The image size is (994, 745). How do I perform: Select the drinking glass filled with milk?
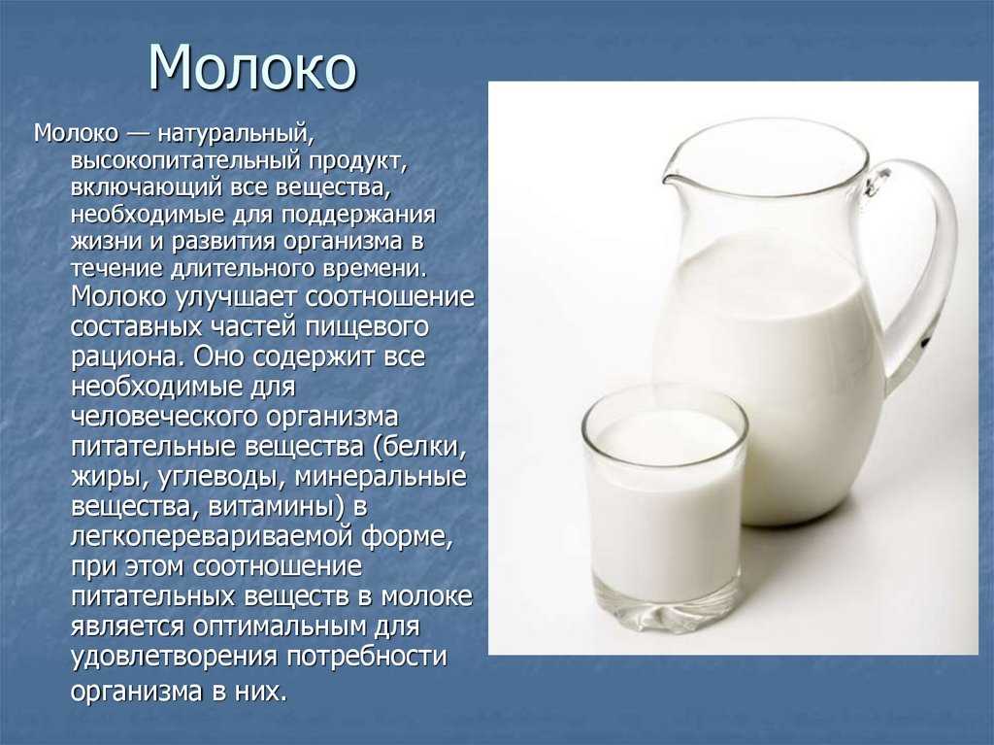click(x=664, y=508)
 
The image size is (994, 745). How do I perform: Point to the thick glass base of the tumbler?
click(x=666, y=609)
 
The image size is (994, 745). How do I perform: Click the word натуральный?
click(x=236, y=134)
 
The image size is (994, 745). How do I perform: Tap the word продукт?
click(x=357, y=161)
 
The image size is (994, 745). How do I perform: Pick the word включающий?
click(x=147, y=187)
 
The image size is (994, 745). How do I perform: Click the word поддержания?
click(x=359, y=215)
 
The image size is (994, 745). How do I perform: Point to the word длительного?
click(x=243, y=268)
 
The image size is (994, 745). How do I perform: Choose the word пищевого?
click(x=366, y=327)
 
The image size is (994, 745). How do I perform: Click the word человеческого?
click(x=165, y=417)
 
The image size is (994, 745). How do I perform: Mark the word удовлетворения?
click(x=175, y=657)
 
